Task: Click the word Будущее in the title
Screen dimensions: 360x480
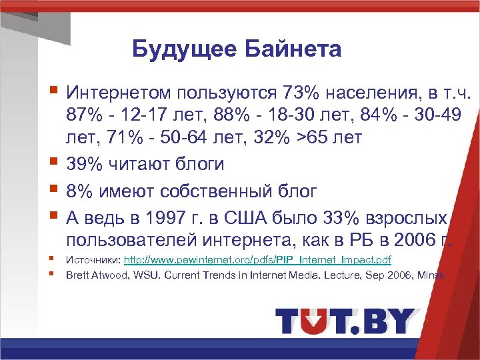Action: (175, 49)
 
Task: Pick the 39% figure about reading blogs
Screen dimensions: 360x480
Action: (83, 164)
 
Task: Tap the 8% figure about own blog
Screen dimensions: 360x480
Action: (78, 191)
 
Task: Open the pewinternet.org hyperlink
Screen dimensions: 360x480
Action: (258, 259)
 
